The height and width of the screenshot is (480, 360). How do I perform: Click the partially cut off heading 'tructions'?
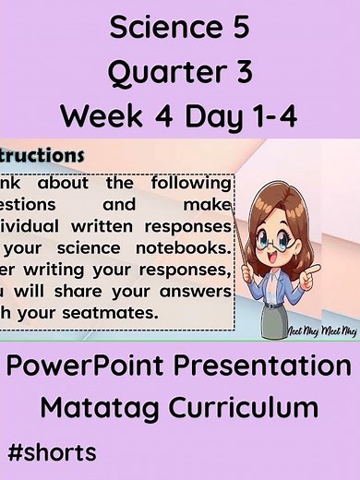42,154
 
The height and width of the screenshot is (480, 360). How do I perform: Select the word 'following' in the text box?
189,182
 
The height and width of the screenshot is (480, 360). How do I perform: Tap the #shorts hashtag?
51,453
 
